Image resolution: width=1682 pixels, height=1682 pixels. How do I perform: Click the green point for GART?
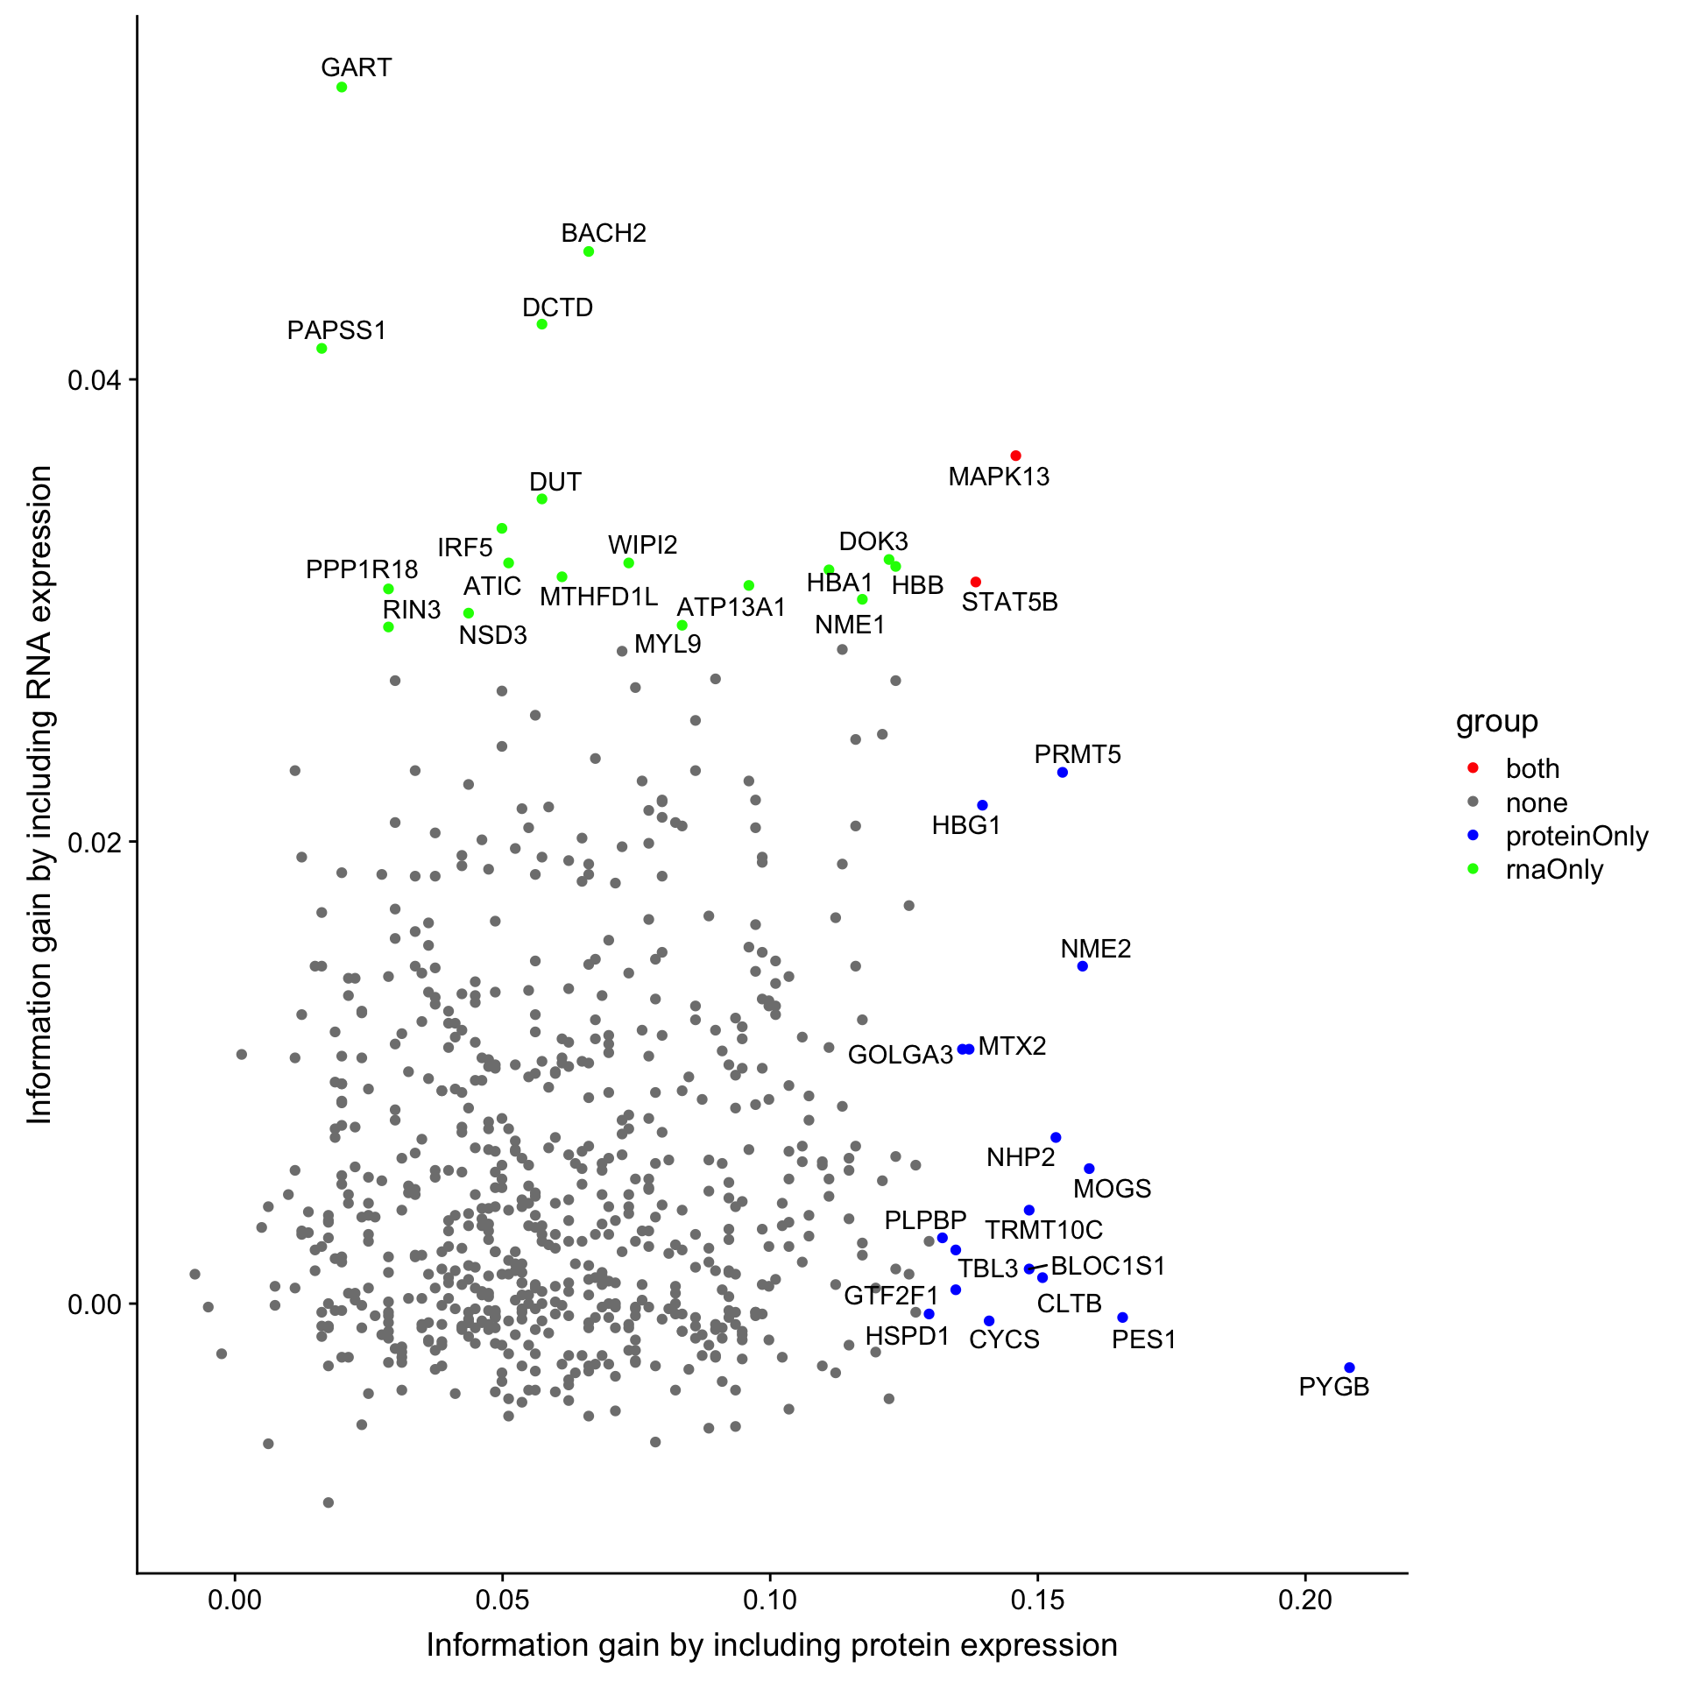[342, 88]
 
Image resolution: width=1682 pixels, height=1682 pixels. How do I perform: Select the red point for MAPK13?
[1015, 456]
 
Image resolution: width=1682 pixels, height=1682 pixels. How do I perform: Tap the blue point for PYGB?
[1349, 1368]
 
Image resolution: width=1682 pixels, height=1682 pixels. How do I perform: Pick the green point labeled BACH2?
[589, 251]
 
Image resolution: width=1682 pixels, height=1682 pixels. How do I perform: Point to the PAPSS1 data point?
[322, 349]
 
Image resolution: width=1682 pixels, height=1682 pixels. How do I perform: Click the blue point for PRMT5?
[1063, 773]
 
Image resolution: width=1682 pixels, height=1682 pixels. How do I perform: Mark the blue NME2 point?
[1083, 966]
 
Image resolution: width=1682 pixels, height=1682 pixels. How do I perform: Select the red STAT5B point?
[976, 583]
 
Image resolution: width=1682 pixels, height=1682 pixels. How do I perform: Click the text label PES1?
[1143, 1339]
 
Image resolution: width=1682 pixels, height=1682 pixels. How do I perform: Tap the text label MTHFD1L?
[598, 597]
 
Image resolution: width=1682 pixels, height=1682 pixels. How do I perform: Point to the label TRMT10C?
[1043, 1230]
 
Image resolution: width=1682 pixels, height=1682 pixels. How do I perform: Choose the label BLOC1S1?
[1107, 1266]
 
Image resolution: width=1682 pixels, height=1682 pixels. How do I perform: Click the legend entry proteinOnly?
[1576, 837]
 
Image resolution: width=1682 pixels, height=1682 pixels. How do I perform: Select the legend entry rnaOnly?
[1554, 870]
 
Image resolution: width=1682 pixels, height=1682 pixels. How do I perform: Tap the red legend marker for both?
[1473, 768]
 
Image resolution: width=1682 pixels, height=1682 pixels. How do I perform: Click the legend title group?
[1496, 722]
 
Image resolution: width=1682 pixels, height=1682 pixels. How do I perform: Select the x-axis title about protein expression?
[772, 1645]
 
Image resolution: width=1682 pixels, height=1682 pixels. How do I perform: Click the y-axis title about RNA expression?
[40, 794]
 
